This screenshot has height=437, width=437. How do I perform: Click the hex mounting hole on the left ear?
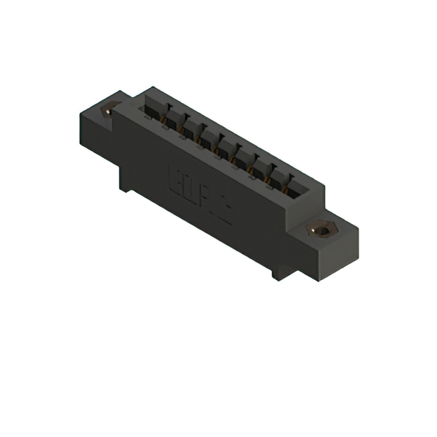coord(108,109)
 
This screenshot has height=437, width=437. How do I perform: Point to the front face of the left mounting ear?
coord(96,126)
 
